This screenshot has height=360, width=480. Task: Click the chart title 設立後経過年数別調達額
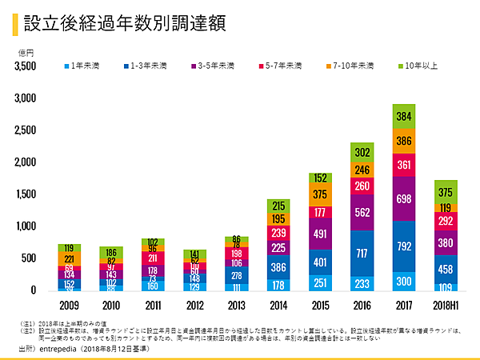tap(124, 23)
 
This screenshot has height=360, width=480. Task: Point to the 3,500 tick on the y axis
tap(26, 66)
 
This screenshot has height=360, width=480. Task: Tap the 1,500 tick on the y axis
tap(26, 194)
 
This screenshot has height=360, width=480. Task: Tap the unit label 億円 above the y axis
tap(26, 53)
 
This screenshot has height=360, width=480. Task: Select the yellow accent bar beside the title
tap(15, 23)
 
